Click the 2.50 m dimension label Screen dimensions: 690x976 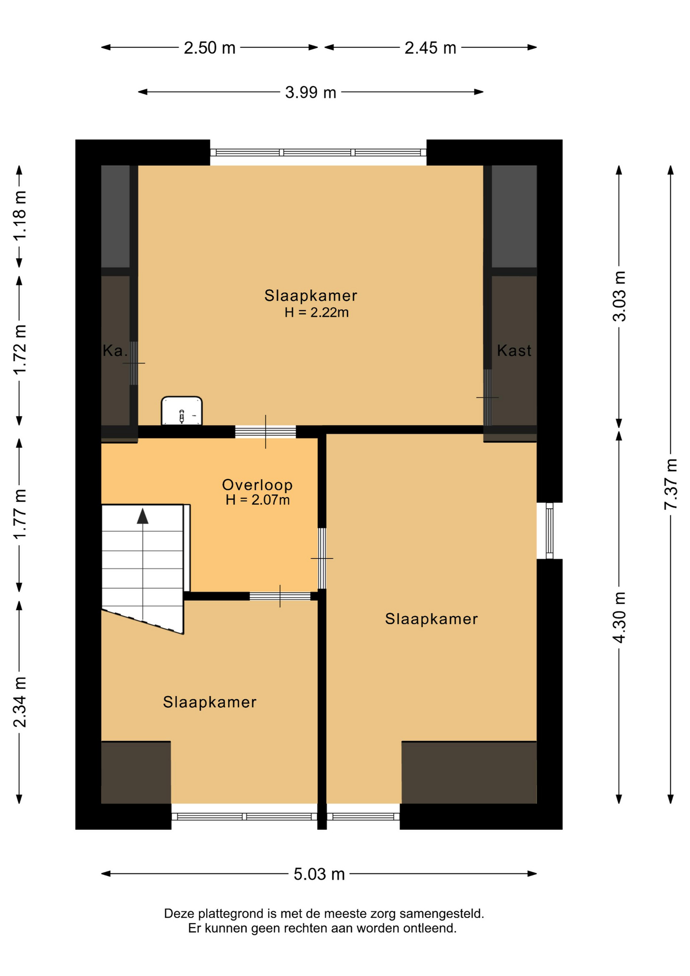(x=209, y=48)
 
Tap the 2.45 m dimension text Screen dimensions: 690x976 (x=430, y=48)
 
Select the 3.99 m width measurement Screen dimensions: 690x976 (x=310, y=93)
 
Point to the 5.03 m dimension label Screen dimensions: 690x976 (x=319, y=874)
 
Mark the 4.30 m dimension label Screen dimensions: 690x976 (x=619, y=617)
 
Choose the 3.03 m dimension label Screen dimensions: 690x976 (x=619, y=296)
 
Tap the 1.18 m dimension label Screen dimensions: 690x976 (x=19, y=216)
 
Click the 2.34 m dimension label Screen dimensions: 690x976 (x=19, y=702)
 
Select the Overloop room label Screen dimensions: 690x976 (x=257, y=485)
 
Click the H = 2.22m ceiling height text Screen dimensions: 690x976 (x=317, y=313)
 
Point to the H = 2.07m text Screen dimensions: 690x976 (x=258, y=500)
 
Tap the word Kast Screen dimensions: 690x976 (x=514, y=350)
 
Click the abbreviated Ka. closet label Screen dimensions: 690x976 (x=115, y=350)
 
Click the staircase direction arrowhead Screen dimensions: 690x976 (x=143, y=515)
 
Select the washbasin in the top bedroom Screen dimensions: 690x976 (x=182, y=411)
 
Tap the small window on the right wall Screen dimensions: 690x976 (x=549, y=531)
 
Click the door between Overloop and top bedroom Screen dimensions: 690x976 (x=265, y=432)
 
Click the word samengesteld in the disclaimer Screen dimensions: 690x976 (x=442, y=914)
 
